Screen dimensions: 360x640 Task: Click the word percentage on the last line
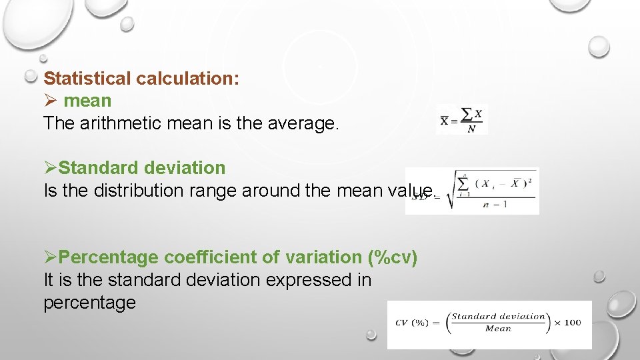pyautogui.click(x=89, y=303)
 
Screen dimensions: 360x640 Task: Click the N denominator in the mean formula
pyautogui.click(x=471, y=129)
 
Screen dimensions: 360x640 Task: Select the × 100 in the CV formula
pyautogui.click(x=567, y=323)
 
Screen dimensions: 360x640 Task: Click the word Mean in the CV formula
pyautogui.click(x=498, y=329)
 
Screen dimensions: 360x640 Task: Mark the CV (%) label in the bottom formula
pyautogui.click(x=412, y=323)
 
